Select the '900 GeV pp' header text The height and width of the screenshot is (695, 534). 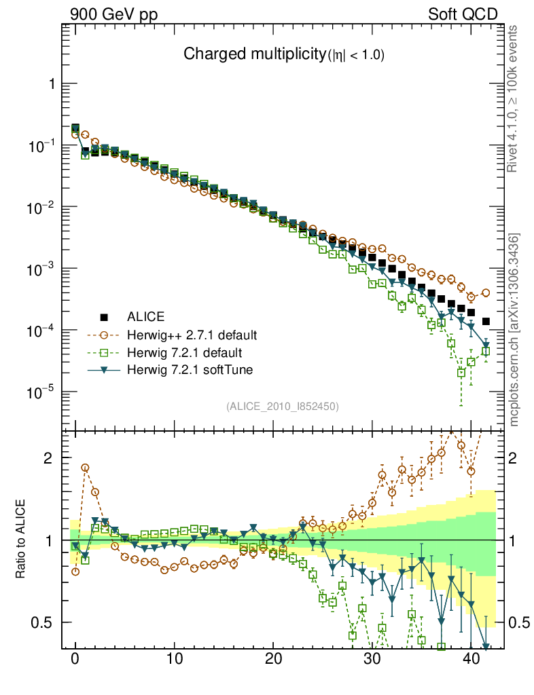tap(113, 14)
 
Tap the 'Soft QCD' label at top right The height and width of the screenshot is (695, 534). tap(463, 14)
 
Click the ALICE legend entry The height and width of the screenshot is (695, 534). tap(146, 316)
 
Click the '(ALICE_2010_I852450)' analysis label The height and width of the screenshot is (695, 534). tap(283, 406)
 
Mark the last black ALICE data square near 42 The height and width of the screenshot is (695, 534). tap(486, 321)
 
